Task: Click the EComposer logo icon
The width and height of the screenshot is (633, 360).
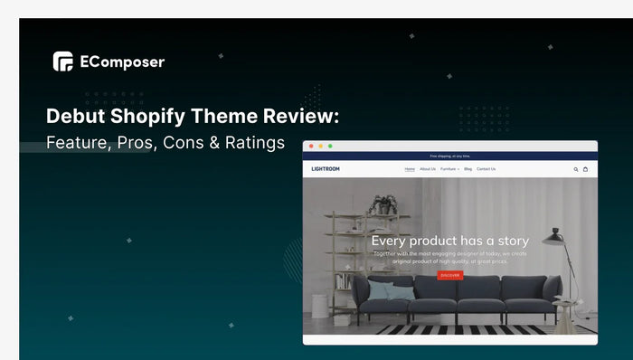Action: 62,62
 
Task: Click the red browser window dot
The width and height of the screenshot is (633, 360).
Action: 311,146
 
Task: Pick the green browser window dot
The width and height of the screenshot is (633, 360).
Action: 330,146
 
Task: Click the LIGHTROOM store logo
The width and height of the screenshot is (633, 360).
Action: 326,169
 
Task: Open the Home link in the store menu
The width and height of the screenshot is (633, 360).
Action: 410,169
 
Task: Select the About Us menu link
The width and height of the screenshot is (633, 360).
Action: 428,169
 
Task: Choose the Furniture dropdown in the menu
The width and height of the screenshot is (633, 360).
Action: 449,169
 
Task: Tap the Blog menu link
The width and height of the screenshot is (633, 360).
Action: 468,169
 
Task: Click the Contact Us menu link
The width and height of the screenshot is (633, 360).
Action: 487,169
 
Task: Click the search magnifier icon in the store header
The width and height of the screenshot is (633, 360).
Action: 575,169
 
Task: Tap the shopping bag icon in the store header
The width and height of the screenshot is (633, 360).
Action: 585,169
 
